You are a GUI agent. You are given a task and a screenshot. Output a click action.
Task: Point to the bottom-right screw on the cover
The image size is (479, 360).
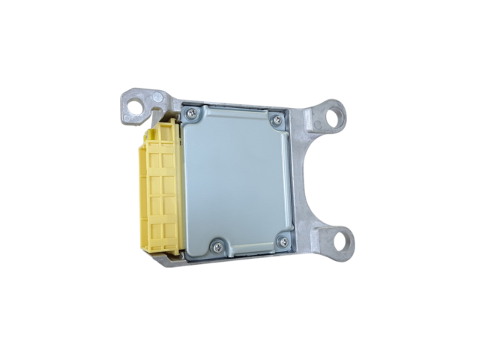(x=283, y=241)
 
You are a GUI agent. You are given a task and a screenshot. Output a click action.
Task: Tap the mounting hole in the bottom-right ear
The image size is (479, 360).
(x=342, y=241)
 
